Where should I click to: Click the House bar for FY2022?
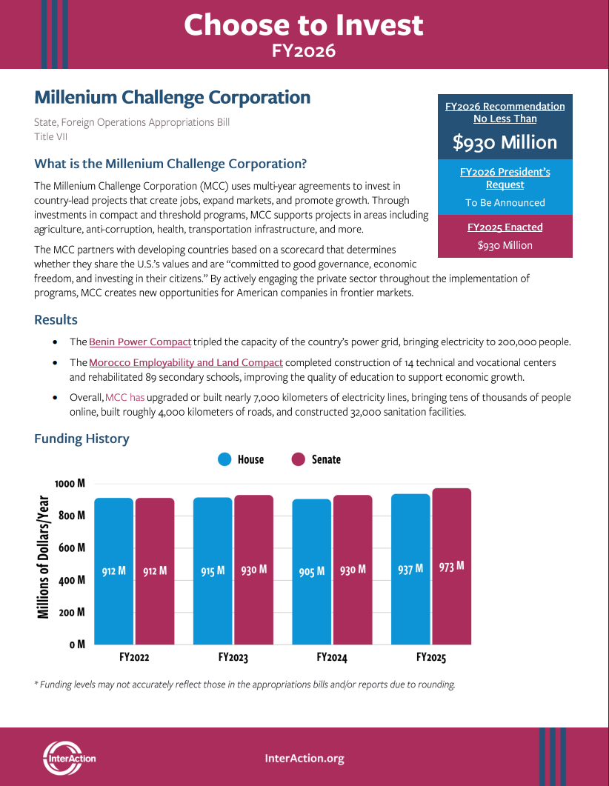point(113,570)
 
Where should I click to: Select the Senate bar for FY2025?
point(451,566)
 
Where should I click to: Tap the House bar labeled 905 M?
point(312,571)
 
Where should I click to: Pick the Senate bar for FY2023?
point(253,569)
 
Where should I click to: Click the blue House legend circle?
point(225,459)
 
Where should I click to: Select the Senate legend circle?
point(299,459)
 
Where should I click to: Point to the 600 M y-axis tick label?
point(72,547)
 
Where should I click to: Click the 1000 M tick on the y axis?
point(70,483)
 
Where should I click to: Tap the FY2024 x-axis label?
point(332,657)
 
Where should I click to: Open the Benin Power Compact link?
point(140,342)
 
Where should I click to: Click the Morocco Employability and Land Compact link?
point(186,362)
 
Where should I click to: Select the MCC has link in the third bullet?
point(125,398)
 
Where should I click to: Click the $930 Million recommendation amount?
point(505,142)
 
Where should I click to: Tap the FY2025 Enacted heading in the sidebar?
point(505,227)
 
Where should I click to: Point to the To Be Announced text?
point(505,202)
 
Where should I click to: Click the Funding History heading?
point(81,439)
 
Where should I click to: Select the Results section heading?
point(56,320)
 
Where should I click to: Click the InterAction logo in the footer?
point(69,757)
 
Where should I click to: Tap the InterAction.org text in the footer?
point(304,758)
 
